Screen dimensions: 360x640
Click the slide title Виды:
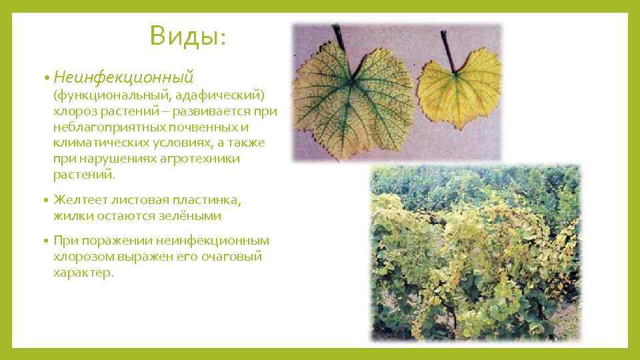[x=188, y=36]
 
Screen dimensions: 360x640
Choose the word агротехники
[x=201, y=159]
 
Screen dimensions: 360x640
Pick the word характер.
[x=84, y=273]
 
